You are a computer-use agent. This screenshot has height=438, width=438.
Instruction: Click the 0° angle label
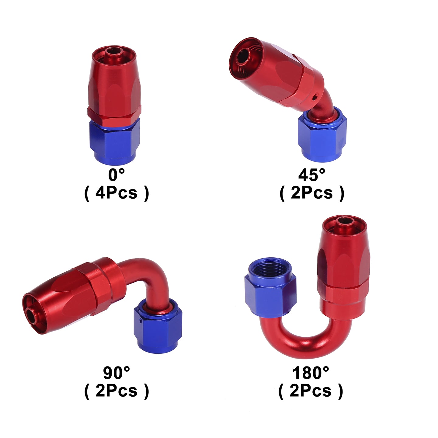pos(116,175)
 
